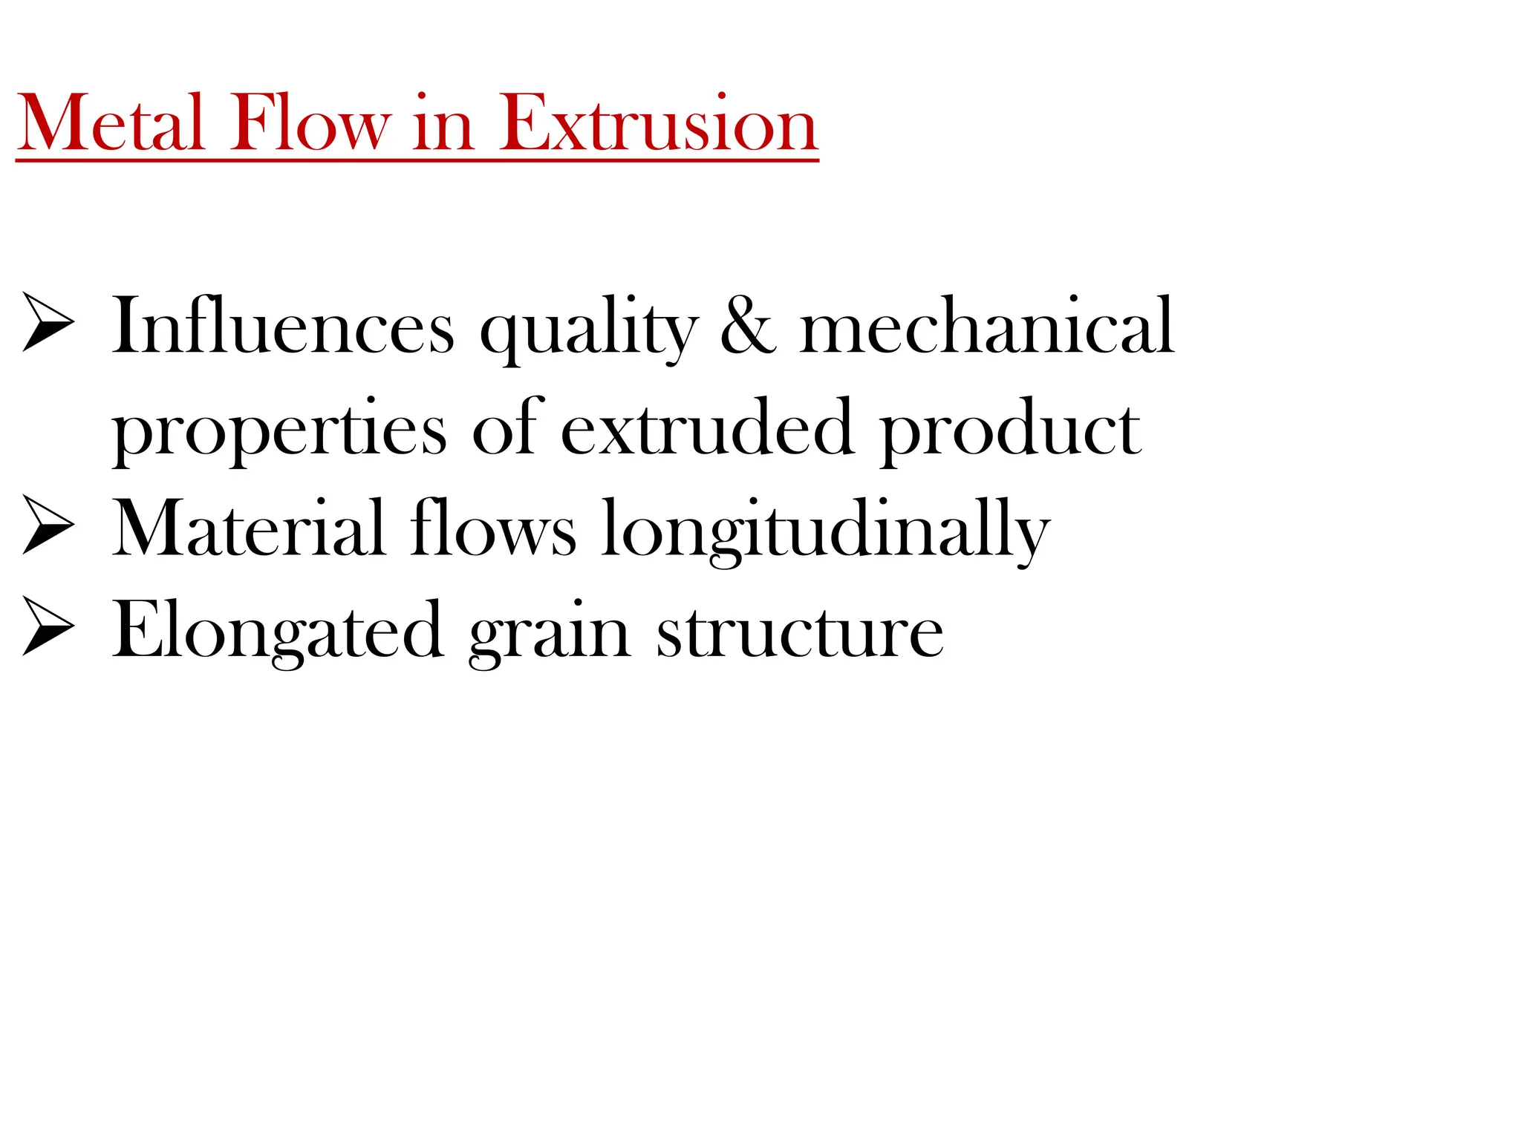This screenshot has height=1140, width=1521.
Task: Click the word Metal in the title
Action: point(111,123)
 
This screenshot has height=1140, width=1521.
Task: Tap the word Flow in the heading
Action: point(309,123)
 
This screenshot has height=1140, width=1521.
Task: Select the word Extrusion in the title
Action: point(657,123)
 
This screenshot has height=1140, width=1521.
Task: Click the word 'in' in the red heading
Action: point(443,125)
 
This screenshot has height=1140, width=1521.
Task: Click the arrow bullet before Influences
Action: point(48,321)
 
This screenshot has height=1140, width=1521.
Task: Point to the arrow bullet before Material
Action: point(48,524)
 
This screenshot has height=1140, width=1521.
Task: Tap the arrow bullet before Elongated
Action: point(48,626)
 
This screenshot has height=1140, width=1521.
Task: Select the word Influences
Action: point(283,327)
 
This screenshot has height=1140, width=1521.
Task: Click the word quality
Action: point(589,331)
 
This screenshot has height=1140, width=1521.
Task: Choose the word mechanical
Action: point(987,327)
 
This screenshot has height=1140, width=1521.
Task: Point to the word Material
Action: point(249,528)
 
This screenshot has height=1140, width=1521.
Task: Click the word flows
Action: point(493,528)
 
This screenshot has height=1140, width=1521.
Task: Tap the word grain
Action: point(550,634)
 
